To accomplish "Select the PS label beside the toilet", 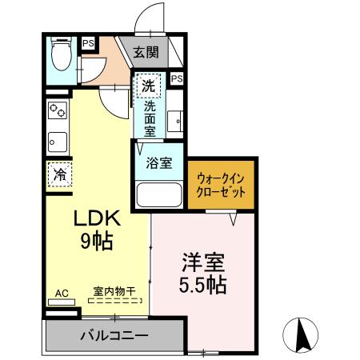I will pos(86,44).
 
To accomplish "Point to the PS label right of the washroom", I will pos(176,78).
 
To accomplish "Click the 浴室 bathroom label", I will pos(159,164).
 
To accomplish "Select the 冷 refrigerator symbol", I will pos(59,173).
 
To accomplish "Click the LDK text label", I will pos(97,218).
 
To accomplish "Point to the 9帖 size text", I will pos(97,239).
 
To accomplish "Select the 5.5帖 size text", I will pos(202,284).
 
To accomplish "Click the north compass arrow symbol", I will pos(303,334).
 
